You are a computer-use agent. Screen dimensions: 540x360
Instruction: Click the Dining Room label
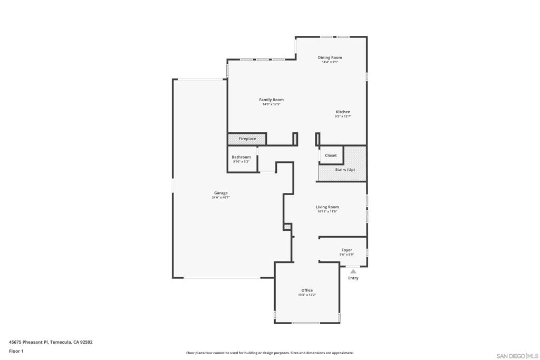tap(330, 57)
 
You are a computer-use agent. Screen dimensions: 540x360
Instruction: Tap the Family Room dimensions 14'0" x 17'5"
tap(272, 104)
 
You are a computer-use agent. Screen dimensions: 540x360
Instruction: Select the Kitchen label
tap(343, 112)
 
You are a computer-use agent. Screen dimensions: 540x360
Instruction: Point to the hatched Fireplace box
tap(247, 139)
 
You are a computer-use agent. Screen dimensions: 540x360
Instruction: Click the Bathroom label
tap(241, 157)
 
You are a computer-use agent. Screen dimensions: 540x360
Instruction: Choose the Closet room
tap(331, 155)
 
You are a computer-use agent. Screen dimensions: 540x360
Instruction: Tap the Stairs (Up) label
tap(345, 170)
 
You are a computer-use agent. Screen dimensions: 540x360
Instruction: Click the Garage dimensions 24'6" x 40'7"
tap(221, 198)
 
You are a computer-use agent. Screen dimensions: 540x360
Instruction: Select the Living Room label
tap(327, 207)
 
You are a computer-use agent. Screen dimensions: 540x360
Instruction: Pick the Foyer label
tap(347, 250)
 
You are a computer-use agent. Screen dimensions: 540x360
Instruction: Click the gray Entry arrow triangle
tap(353, 271)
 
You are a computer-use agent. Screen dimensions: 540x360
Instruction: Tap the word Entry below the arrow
tap(353, 278)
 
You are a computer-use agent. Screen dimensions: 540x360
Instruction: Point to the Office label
tap(307, 290)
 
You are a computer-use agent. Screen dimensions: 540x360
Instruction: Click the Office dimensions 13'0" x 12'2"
tap(307, 295)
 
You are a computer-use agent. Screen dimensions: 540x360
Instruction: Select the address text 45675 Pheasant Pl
tap(28, 342)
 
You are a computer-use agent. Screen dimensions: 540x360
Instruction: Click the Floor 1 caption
tap(16, 352)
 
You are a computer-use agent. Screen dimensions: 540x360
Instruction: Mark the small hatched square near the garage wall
tap(287, 227)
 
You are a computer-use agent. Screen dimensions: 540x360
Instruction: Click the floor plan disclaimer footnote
tap(270, 353)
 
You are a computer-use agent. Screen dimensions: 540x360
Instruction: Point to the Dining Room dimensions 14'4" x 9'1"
tap(330, 62)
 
